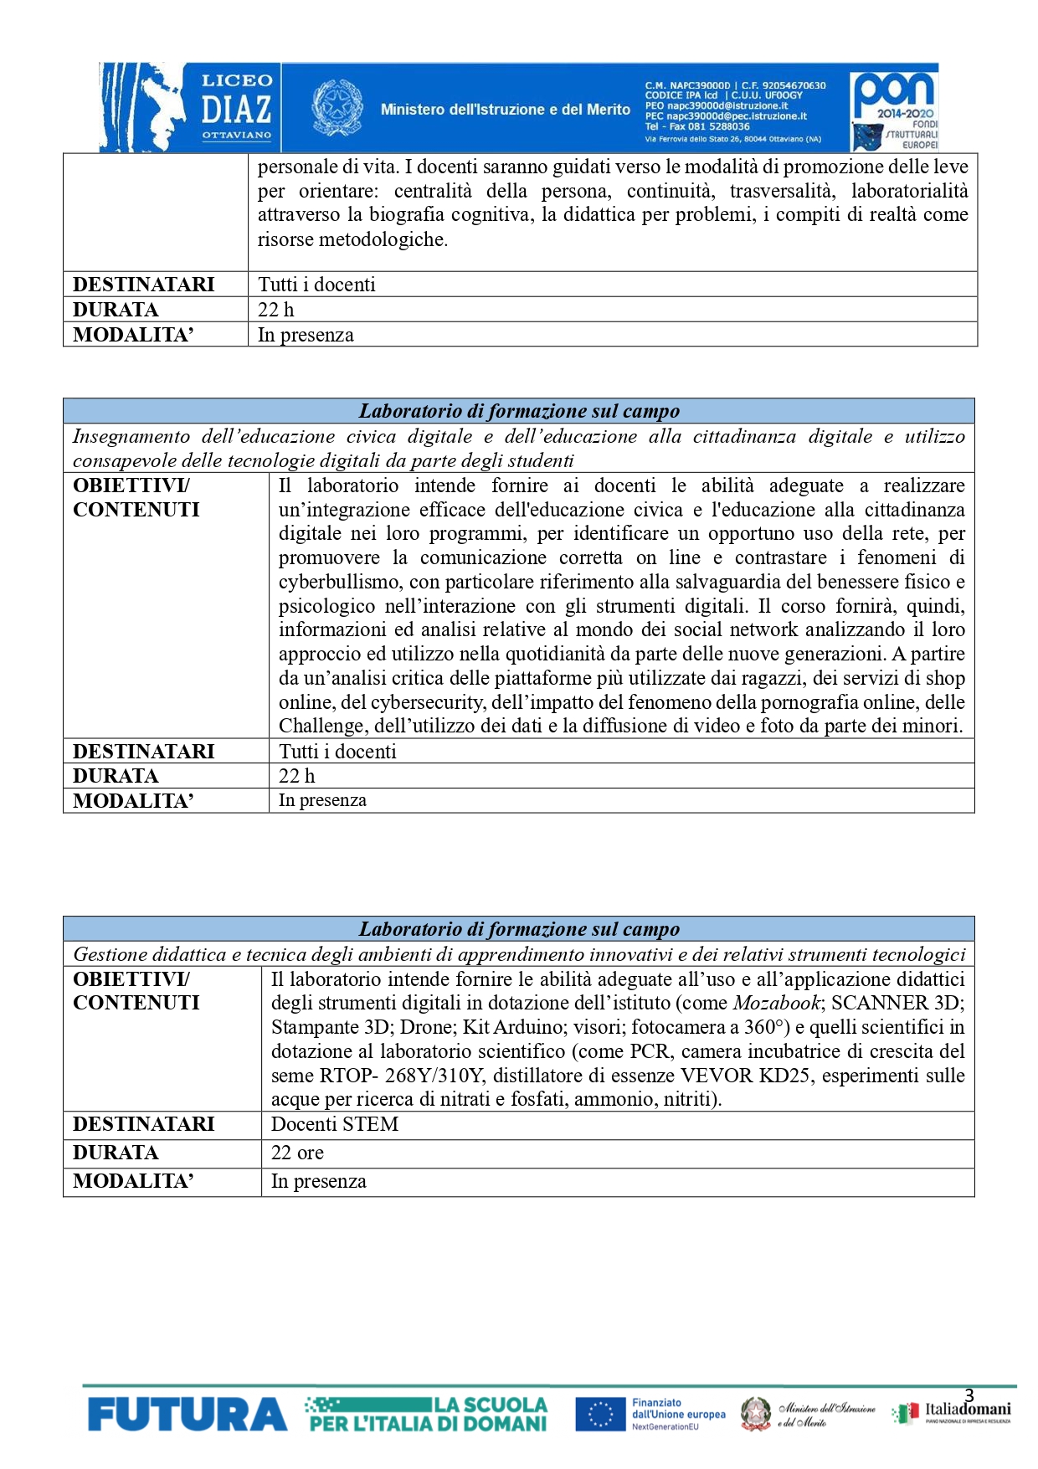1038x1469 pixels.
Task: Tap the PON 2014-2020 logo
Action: pyautogui.click(x=893, y=107)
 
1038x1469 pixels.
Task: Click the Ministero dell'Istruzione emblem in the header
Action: pyautogui.click(x=337, y=107)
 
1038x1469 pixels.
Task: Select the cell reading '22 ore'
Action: pyautogui.click(x=297, y=1153)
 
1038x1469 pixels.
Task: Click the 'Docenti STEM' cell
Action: pyautogui.click(x=335, y=1124)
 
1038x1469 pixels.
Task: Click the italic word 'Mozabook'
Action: pyautogui.click(x=776, y=1003)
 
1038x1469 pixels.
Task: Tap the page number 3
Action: pyautogui.click(x=969, y=1395)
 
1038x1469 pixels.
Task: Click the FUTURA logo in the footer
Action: pyautogui.click(x=187, y=1415)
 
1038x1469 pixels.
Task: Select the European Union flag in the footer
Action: pyautogui.click(x=600, y=1415)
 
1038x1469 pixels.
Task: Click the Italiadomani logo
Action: pyautogui.click(x=954, y=1412)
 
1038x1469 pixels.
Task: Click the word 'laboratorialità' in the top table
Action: pyautogui.click(x=909, y=191)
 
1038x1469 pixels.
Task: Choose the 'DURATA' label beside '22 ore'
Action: pyautogui.click(x=116, y=1153)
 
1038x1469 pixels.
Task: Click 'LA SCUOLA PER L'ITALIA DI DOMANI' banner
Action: pyautogui.click(x=428, y=1414)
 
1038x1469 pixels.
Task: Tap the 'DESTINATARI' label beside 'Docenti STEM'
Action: pyautogui.click(x=143, y=1124)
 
